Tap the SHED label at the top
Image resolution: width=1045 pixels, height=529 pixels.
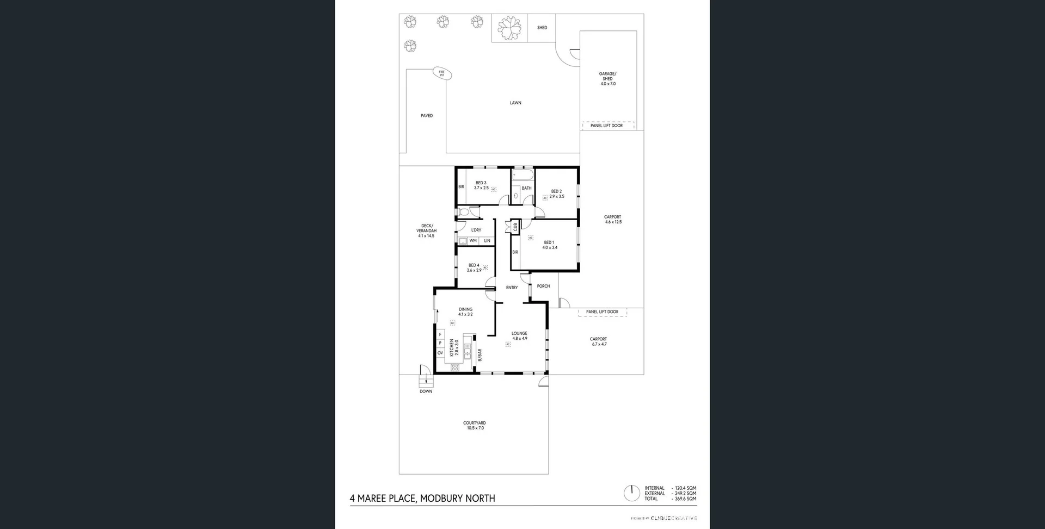[542, 28]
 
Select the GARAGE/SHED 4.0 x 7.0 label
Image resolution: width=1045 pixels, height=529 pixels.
[608, 79]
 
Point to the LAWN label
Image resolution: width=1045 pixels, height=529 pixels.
[515, 103]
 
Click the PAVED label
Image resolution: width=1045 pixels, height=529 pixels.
[427, 116]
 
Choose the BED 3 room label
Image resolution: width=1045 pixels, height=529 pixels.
[481, 185]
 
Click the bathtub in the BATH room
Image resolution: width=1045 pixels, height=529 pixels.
[523, 176]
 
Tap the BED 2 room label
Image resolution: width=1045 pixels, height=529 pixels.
[556, 194]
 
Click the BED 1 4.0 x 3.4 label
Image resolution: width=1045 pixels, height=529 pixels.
[549, 245]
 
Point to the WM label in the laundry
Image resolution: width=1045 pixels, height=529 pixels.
[473, 241]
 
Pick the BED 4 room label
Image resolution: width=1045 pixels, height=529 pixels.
[474, 267]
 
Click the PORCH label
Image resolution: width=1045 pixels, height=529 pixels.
[543, 286]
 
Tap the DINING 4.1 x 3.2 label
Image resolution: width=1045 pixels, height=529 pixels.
[465, 312]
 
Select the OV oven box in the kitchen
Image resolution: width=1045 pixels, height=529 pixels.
[440, 353]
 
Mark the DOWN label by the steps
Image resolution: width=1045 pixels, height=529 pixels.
[426, 391]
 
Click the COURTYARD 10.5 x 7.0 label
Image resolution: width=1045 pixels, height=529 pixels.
[475, 425]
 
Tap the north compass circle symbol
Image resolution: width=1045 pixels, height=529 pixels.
[632, 493]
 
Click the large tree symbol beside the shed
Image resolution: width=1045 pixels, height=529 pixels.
[510, 28]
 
